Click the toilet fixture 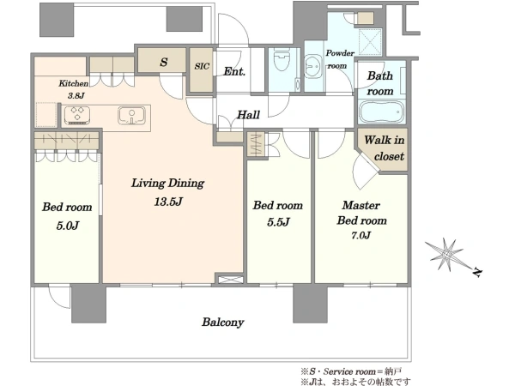click(x=282, y=60)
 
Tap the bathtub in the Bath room click(x=381, y=112)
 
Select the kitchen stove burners click(x=77, y=115)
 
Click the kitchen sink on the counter click(x=131, y=115)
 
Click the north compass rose click(x=444, y=254)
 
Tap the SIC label click(x=202, y=66)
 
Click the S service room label click(x=164, y=62)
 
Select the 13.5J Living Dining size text click(x=168, y=202)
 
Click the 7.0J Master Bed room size click(x=361, y=235)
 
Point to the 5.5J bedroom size click(x=278, y=222)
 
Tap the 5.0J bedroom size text click(x=67, y=226)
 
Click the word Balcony click(x=222, y=322)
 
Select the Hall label click(x=248, y=115)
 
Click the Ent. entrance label click(x=234, y=71)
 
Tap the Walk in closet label click(x=385, y=148)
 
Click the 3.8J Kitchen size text click(x=76, y=96)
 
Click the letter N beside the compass click(x=477, y=272)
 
